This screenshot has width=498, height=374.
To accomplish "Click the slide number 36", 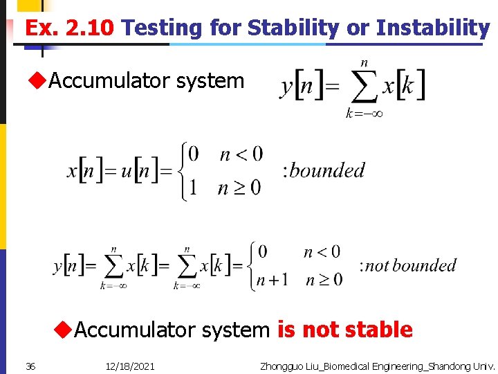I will coord(30,366).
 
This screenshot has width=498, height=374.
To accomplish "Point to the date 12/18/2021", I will coord(131,366).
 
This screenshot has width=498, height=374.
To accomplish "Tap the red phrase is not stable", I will coord(345,330).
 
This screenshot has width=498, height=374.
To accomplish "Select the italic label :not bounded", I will coord(408,265).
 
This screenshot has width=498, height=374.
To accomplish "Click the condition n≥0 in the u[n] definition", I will coord(240,188).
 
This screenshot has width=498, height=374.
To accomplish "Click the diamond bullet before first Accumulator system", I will coord(37,81).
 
